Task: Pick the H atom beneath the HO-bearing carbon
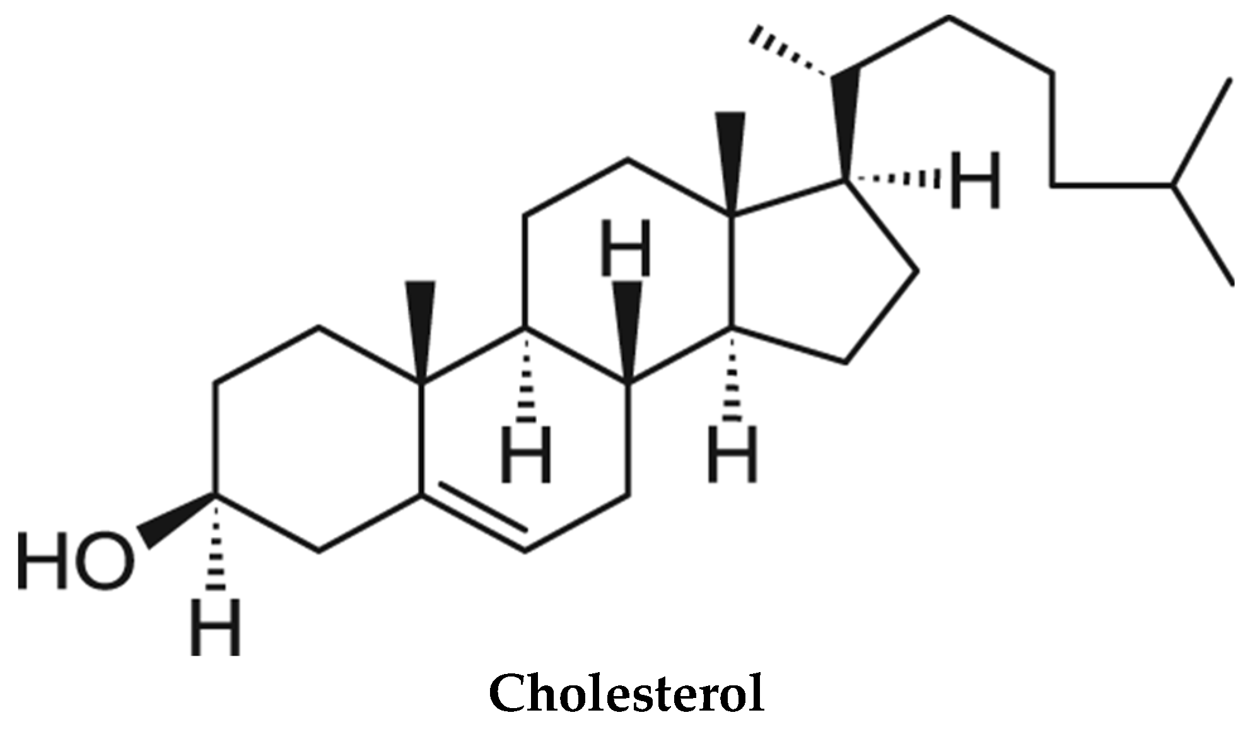point(216,628)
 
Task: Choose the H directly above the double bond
point(526,454)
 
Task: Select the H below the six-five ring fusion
point(732,454)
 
